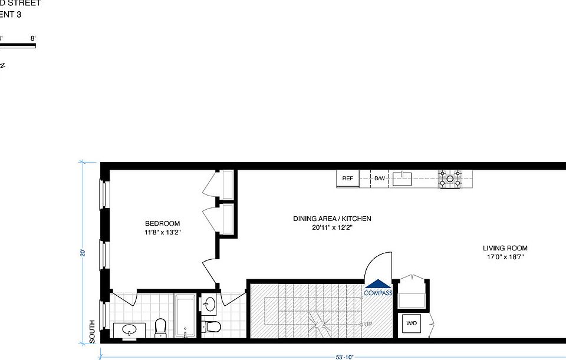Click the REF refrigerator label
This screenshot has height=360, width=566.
(347, 179)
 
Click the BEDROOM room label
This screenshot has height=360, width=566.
(163, 223)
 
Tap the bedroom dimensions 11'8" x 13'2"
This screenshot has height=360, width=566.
(163, 232)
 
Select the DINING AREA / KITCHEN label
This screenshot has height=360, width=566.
(332, 219)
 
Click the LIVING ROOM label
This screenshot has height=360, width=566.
(505, 248)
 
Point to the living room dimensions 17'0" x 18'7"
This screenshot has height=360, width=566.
(505, 257)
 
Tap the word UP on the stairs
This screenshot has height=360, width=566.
(368, 324)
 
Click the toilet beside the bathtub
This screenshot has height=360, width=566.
(160, 328)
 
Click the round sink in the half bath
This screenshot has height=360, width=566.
(210, 305)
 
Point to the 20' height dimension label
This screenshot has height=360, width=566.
(84, 253)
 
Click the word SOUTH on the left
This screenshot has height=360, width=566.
(93, 332)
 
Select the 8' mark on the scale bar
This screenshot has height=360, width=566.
(33, 38)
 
